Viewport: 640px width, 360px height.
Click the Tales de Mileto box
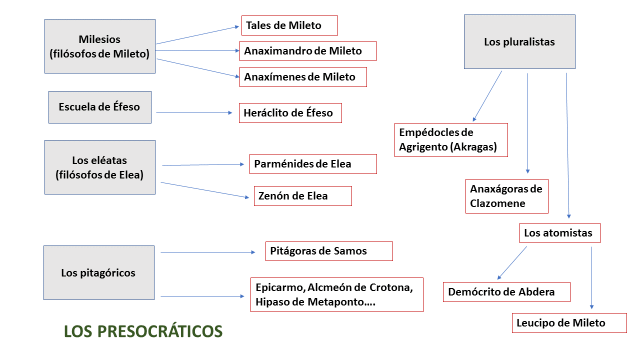pos(289,25)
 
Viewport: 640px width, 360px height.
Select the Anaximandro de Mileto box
pos(307,51)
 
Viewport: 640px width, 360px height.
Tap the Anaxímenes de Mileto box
pos(303,77)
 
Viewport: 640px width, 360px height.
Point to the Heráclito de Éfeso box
pos(290,113)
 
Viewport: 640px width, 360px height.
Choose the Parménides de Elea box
pos(313,164)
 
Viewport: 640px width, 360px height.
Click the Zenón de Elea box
pos(302,196)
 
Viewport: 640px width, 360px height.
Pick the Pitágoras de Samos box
pos(329,251)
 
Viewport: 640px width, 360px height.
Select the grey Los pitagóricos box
pos(99,272)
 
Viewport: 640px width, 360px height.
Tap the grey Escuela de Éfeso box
pos(100,107)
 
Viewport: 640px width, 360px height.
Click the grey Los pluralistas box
pos(519,41)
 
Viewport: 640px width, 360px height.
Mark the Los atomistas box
pos(559,233)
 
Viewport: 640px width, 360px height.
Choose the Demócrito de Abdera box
pos(506,292)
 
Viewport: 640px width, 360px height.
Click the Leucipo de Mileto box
pos(569,323)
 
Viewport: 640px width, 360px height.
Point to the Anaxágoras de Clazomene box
pos(506,196)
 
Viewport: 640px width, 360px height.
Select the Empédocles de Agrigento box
pos(451,140)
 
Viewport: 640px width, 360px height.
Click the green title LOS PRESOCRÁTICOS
pos(143,331)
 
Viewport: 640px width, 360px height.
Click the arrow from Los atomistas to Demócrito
pos(512,263)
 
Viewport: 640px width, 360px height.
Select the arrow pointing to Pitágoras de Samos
pos(207,252)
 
